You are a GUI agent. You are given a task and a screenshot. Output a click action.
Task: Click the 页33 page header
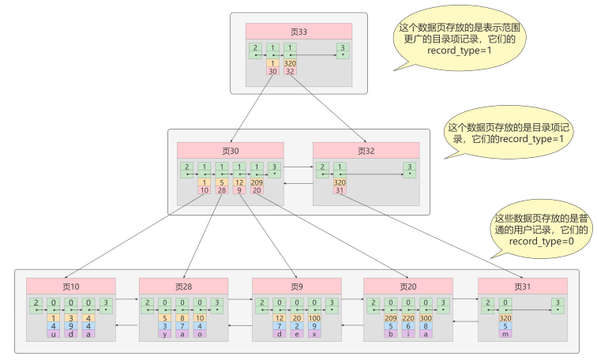tap(298, 32)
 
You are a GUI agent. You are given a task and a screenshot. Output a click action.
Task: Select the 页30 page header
tap(230, 151)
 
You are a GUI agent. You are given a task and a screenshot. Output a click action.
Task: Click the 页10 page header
tap(71, 286)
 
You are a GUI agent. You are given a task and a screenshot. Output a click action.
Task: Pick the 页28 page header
tap(184, 286)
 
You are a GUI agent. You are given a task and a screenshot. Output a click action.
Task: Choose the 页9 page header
tap(297, 286)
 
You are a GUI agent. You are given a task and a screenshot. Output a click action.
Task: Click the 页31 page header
tap(522, 286)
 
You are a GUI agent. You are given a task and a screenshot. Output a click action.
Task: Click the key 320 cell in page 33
tap(290, 63)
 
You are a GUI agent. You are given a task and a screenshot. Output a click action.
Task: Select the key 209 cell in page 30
tap(257, 182)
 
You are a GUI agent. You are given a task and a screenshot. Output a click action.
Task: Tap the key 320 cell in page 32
tap(340, 182)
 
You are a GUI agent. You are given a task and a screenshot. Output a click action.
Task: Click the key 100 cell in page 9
tap(314, 317)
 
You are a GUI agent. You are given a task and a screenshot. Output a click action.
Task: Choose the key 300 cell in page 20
tap(427, 317)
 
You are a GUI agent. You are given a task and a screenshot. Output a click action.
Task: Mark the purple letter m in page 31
tap(505, 334)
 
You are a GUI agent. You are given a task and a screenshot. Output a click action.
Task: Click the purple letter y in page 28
tap(167, 334)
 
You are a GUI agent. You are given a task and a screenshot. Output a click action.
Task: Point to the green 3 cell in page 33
tap(343, 50)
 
